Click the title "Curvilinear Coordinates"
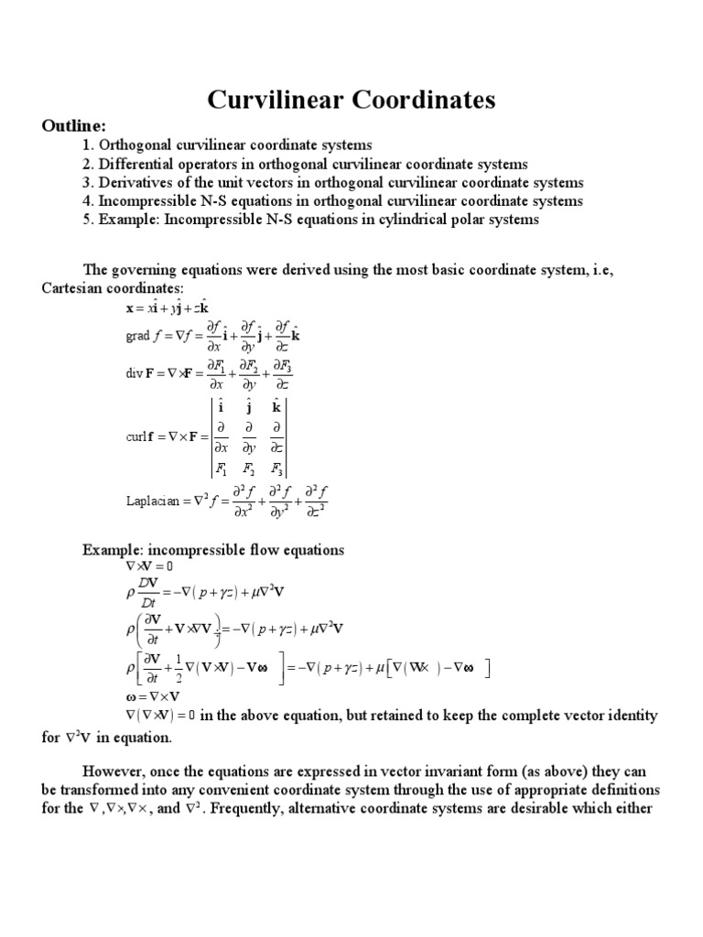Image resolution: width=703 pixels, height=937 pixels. (351, 98)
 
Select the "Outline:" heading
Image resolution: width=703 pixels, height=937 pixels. (74, 125)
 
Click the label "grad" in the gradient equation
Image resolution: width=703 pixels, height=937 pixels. (137, 336)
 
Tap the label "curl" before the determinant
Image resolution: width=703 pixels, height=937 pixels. (136, 437)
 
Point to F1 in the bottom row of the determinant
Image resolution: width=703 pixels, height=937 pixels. (221, 469)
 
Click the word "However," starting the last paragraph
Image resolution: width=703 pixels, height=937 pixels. (115, 769)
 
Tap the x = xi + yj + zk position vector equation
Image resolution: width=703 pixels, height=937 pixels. (174, 308)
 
